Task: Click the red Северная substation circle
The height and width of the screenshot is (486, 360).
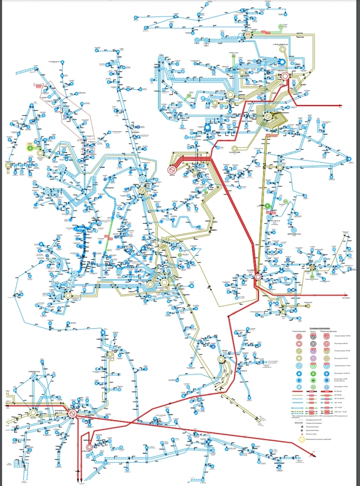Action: coord(285,76)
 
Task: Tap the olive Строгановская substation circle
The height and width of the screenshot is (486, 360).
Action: coord(282,61)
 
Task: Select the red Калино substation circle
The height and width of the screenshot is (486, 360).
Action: coord(258,276)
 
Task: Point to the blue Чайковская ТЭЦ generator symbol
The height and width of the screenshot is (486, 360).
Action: coord(34,376)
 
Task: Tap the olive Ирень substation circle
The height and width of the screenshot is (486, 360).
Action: coord(221,360)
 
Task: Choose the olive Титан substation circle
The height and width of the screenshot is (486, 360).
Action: coord(230,95)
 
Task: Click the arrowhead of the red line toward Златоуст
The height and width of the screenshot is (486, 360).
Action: coord(349,294)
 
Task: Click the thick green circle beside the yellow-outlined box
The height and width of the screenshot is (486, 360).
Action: coord(32,148)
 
